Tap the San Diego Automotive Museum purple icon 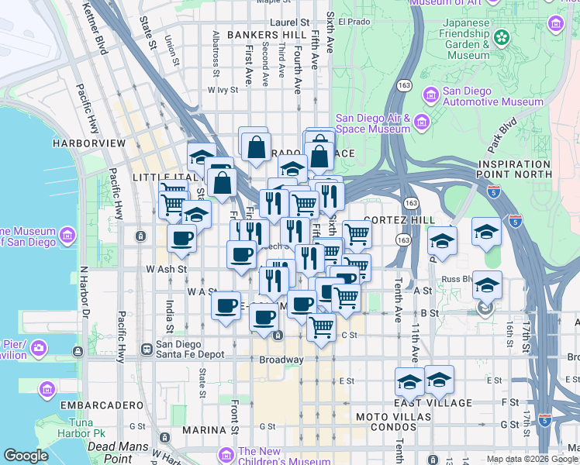(431, 95)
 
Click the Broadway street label (281, 360)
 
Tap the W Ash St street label (167, 269)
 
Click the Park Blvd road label (502, 145)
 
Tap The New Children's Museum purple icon (226, 454)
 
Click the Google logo (26, 456)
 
